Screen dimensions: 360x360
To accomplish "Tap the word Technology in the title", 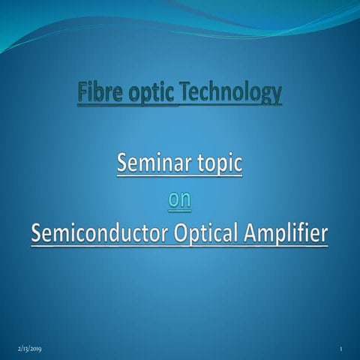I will [231, 93].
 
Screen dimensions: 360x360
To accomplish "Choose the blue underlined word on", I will [179, 199].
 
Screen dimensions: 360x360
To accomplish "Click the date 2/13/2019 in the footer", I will [30, 349].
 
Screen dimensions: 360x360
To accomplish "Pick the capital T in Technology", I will [186, 93].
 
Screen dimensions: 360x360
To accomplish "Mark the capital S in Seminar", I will [122, 163].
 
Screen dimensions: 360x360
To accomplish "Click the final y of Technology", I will [277, 96].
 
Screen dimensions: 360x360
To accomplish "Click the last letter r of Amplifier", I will [324, 235].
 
